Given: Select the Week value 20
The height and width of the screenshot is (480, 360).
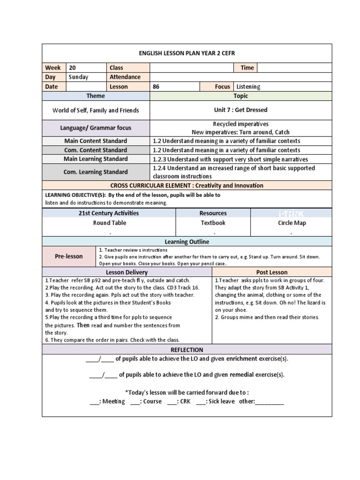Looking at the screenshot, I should (72, 67).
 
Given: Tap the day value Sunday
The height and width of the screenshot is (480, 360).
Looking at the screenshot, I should (78, 77).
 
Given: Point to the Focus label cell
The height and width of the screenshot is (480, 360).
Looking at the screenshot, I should (222, 87).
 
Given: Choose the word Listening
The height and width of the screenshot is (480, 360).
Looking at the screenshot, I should (248, 87).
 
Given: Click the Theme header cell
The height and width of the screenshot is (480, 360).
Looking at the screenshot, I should (96, 96).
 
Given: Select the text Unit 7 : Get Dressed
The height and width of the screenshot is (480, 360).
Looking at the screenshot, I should (240, 110).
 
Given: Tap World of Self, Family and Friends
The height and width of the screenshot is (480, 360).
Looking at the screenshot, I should (96, 111).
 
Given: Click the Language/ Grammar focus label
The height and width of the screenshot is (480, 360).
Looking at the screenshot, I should (96, 128).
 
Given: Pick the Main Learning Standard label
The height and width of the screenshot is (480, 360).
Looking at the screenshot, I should (96, 159).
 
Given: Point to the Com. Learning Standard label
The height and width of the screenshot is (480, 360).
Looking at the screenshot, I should (96, 172).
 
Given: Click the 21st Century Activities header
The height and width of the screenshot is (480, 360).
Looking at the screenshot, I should (108, 213).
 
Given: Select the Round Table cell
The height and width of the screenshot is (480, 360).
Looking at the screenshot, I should (109, 223).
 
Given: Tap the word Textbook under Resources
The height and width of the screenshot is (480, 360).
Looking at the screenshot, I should (213, 223).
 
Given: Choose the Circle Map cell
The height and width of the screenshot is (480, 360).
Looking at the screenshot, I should (292, 223).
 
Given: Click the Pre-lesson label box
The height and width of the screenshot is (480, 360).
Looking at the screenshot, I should (69, 256).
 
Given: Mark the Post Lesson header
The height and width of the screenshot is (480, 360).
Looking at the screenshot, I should (272, 272).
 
